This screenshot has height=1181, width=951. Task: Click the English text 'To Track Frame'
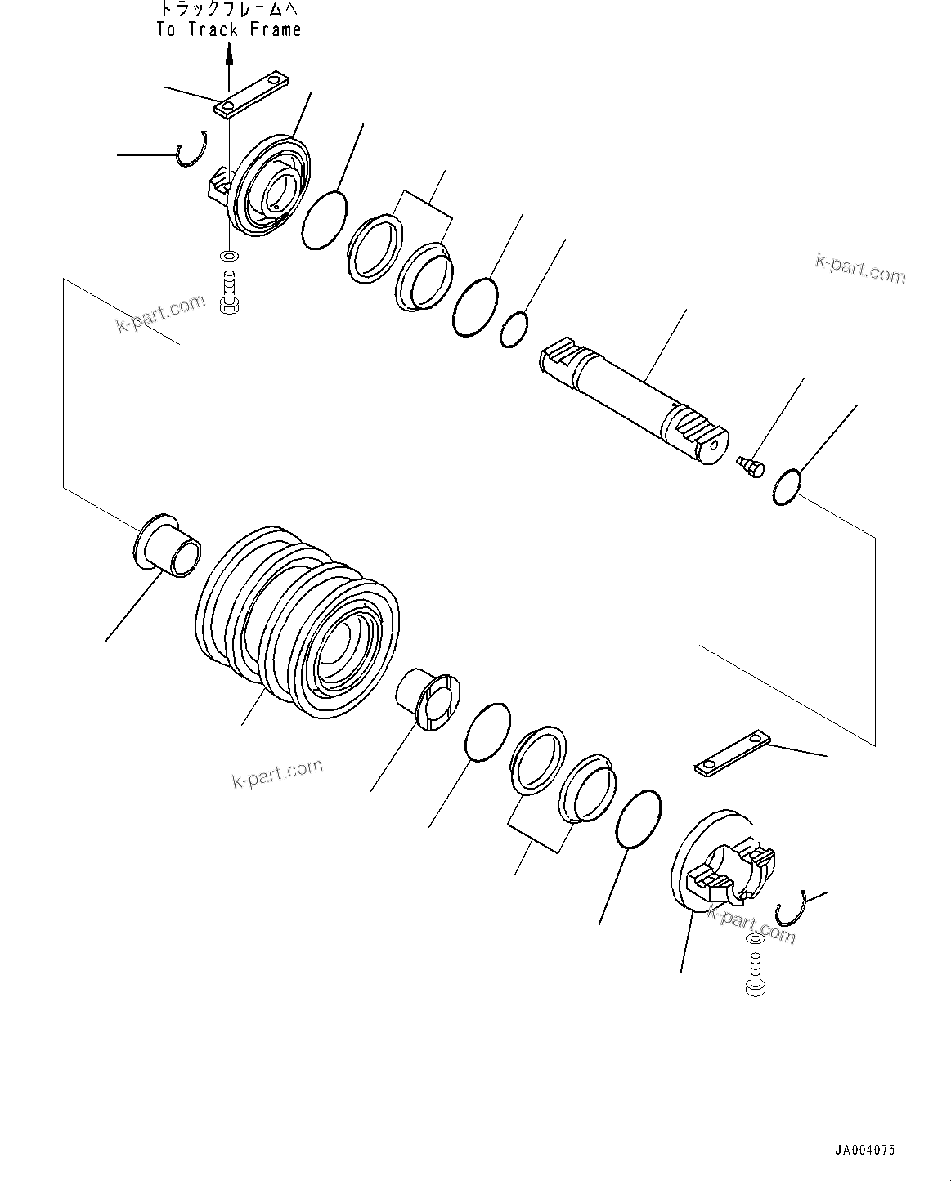click(229, 30)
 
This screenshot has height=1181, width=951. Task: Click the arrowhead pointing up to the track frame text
click(230, 55)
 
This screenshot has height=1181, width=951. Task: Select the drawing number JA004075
click(864, 1150)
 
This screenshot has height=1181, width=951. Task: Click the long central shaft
click(630, 396)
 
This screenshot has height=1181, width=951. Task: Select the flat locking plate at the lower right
click(732, 754)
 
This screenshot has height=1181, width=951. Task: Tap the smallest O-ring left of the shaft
click(514, 329)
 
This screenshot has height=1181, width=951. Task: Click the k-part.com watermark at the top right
click(860, 269)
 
